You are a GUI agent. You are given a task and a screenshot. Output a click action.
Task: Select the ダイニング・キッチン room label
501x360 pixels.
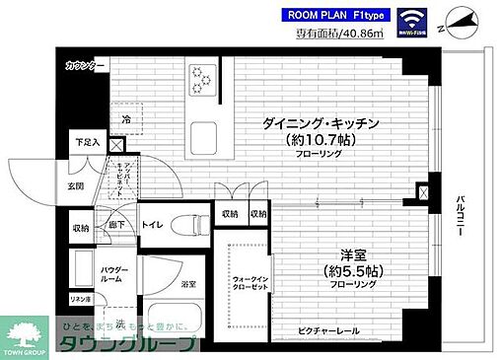[322, 123]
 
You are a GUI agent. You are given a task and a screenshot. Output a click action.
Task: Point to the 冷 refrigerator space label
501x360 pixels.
[126, 120]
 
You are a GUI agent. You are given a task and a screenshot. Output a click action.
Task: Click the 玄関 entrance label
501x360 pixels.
[76, 186]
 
